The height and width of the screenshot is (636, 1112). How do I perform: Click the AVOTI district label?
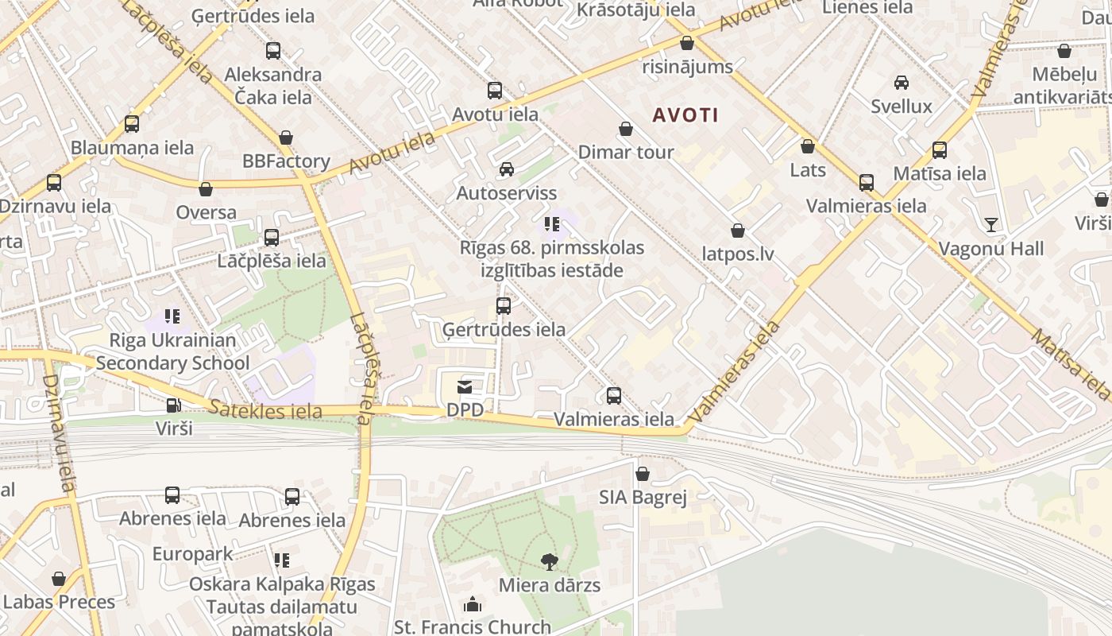(685, 115)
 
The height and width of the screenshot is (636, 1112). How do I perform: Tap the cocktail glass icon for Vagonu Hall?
(991, 225)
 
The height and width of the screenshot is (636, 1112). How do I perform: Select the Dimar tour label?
(626, 152)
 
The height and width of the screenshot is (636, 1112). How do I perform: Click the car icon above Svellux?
(902, 83)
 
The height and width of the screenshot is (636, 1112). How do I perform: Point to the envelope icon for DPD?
(465, 387)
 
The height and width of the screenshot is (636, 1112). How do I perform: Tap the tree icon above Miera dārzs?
(549, 562)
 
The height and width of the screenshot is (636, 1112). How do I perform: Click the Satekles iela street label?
(266, 410)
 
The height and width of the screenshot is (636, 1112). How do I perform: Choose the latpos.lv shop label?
(738, 254)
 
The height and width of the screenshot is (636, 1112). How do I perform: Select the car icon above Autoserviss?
(506, 169)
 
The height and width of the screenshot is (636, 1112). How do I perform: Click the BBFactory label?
(286, 161)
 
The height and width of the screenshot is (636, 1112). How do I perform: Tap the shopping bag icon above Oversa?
(206, 189)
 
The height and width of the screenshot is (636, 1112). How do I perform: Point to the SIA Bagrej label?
(643, 498)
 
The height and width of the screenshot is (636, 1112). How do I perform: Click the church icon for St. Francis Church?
(473, 605)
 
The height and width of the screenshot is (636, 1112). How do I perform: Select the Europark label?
(193, 553)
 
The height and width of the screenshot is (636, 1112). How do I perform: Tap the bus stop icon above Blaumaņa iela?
(132, 124)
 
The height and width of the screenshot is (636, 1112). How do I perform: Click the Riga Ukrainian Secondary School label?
(172, 351)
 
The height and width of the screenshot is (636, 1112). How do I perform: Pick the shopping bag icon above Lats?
(808, 146)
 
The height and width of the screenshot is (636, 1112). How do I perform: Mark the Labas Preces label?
(60, 602)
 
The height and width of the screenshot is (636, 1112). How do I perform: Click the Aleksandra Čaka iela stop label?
(273, 86)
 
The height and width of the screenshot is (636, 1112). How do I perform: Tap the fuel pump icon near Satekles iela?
(173, 405)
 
